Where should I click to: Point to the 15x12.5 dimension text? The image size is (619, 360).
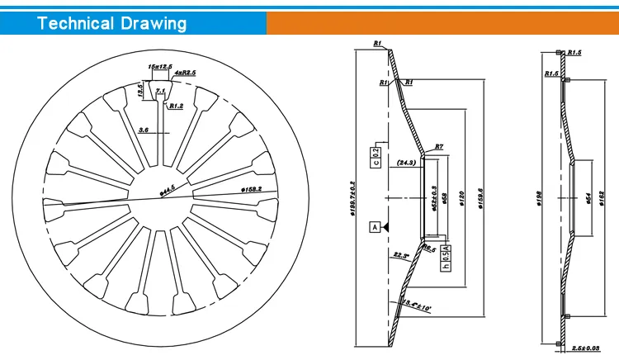160,65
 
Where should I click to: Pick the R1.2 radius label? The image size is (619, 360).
176,106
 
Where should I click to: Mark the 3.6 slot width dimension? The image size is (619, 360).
144,130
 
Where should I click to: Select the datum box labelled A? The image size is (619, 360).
374,226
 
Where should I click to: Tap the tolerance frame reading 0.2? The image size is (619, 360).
376,154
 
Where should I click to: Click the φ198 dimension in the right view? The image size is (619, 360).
539,198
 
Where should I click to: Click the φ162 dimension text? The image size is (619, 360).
606,198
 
